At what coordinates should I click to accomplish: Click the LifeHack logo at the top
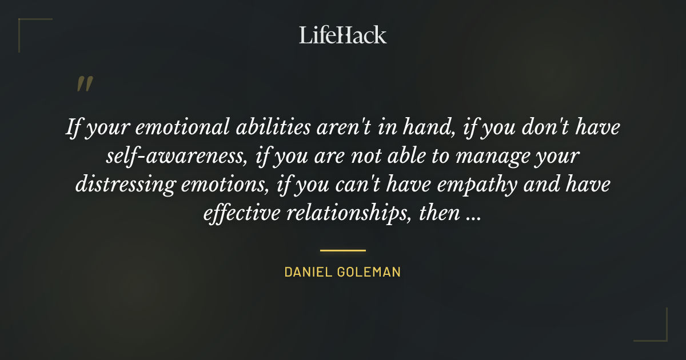click(x=343, y=35)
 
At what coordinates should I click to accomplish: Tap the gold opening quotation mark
click(x=85, y=84)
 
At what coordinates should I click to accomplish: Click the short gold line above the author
click(x=342, y=250)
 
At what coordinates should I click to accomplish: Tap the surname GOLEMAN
click(x=370, y=273)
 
